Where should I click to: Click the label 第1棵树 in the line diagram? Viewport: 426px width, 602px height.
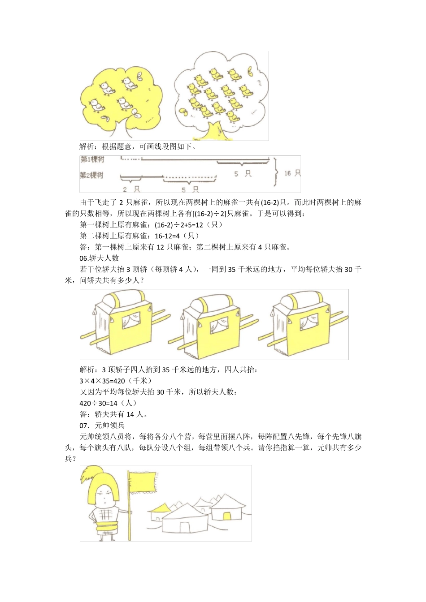click(92, 160)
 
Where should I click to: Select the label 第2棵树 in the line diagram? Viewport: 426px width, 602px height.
click(92, 175)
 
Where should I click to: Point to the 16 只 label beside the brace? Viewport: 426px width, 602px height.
click(292, 173)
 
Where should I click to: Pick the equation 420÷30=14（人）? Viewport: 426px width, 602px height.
click(108, 403)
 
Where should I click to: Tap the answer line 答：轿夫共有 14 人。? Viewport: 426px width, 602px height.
click(114, 414)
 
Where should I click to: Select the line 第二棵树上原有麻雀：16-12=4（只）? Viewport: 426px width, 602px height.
click(139, 236)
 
